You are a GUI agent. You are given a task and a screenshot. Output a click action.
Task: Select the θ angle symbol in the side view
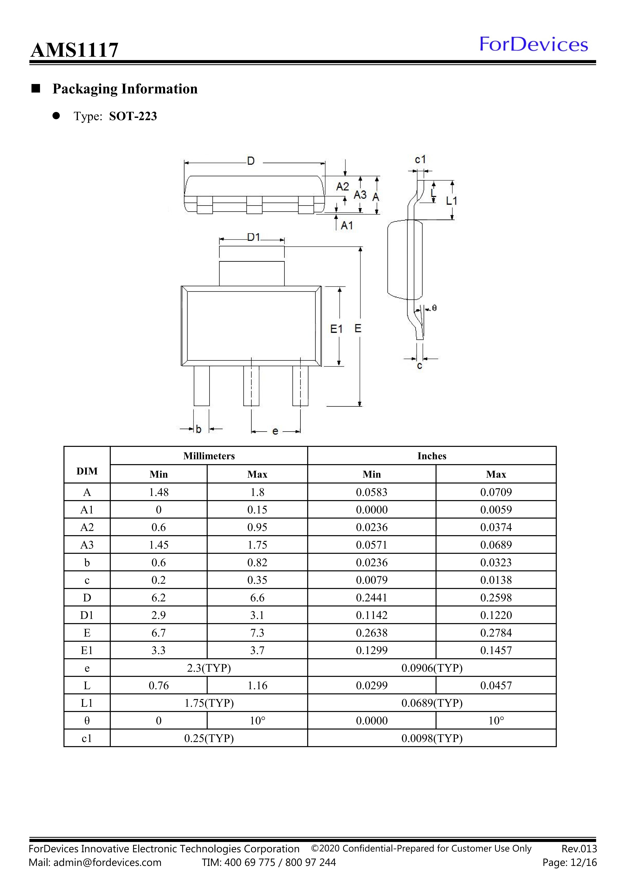coord(435,308)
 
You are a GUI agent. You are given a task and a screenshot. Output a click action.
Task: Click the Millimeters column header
coord(209,456)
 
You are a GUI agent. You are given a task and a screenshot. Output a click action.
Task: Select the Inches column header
coord(432,456)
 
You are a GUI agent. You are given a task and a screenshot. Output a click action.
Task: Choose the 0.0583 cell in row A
coord(372,492)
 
